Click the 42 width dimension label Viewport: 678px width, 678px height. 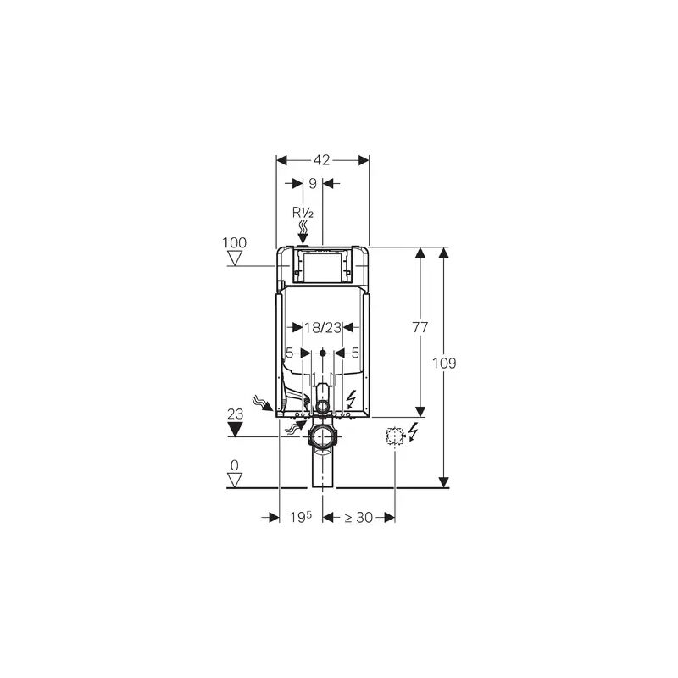click(321, 160)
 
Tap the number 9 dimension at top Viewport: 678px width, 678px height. click(313, 183)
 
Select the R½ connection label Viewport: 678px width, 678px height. click(303, 213)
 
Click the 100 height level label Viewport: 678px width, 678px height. click(235, 242)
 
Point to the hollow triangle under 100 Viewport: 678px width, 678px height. click(235, 258)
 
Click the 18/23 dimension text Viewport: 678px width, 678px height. click(323, 327)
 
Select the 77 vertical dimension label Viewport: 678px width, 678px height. click(420, 327)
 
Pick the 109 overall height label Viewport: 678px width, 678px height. click(444, 364)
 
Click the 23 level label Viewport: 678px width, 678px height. click(236, 414)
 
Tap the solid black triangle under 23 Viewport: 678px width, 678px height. click(236, 430)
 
